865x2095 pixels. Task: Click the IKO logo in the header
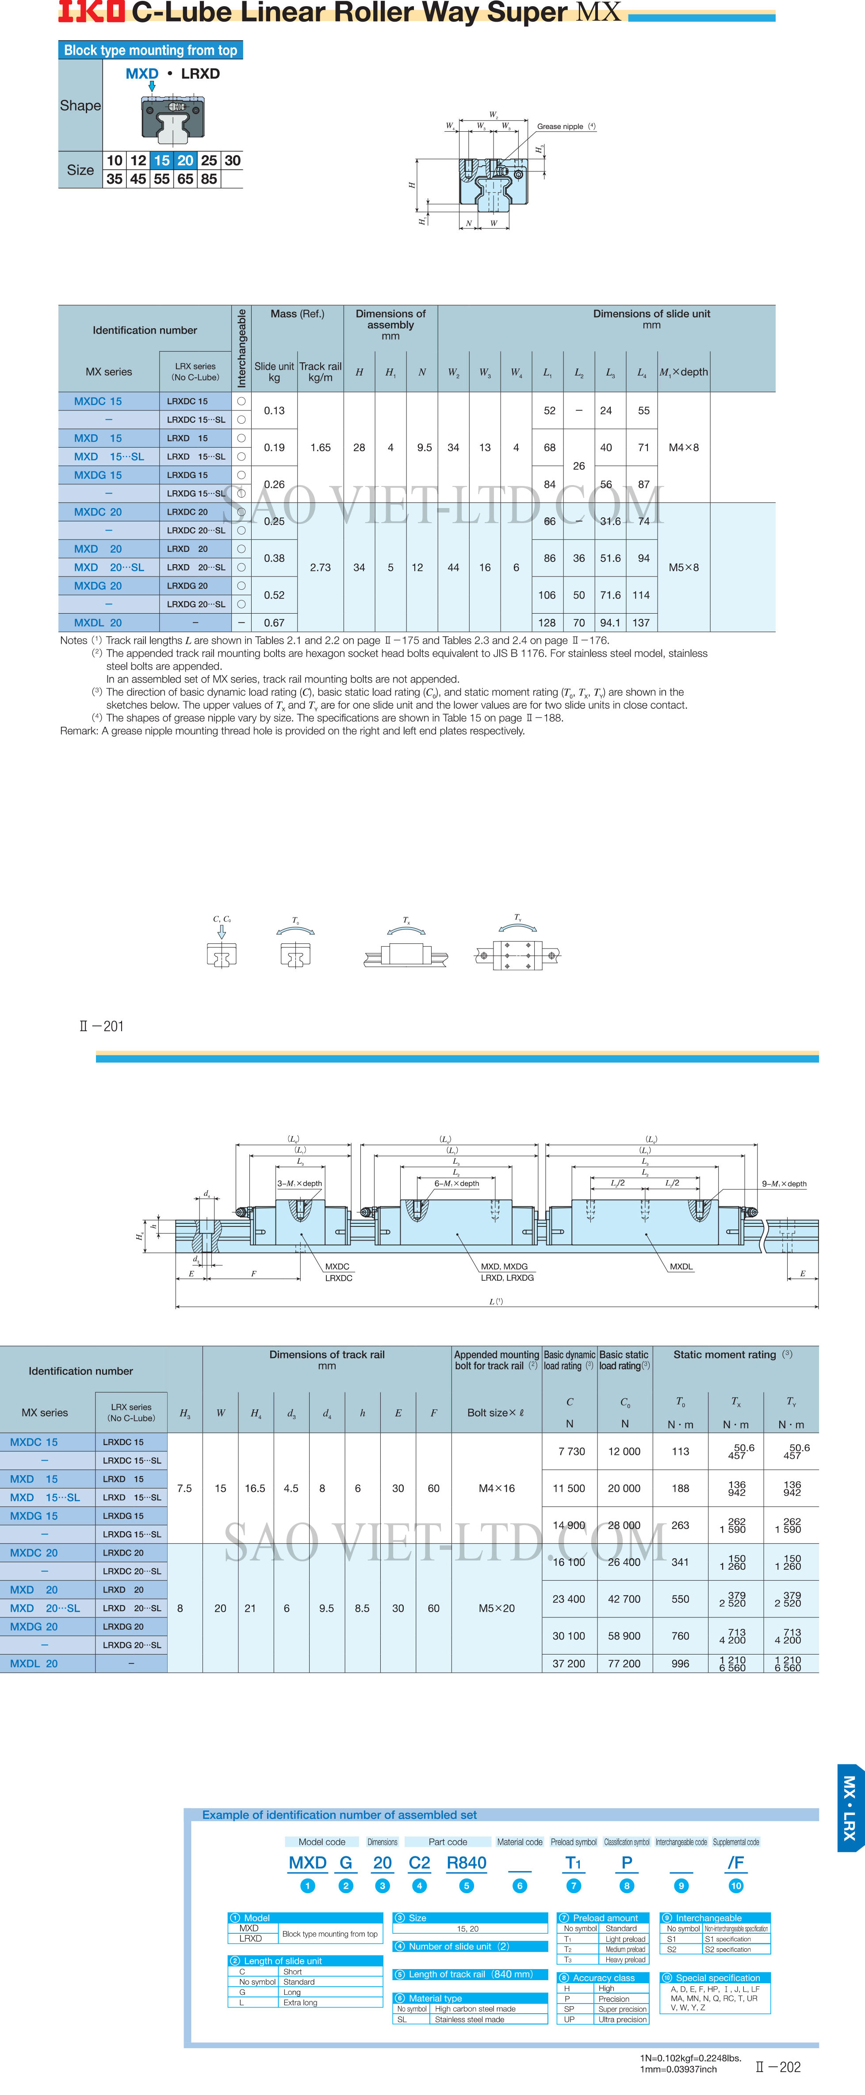91,11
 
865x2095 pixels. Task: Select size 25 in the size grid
209,160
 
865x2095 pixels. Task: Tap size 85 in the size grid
209,179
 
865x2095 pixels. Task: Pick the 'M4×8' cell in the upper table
684,447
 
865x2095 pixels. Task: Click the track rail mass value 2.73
321,568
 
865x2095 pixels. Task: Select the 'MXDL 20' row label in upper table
99,623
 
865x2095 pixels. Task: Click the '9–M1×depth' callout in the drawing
784,1184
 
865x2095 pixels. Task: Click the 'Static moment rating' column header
725,1355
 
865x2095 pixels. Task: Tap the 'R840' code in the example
466,1863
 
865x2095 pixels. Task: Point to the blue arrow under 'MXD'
151,85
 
